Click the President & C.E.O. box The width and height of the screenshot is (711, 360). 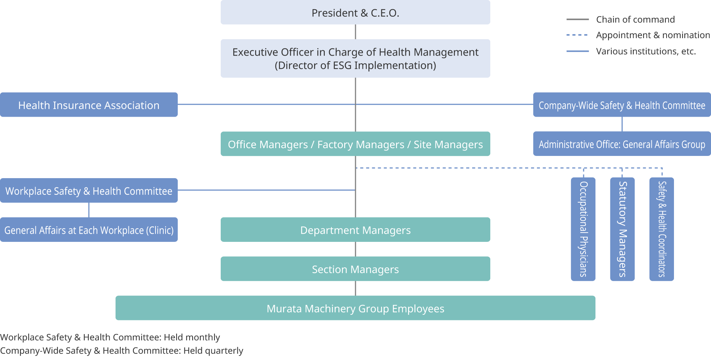(x=355, y=13)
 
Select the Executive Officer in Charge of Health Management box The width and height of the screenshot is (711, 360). (x=355, y=59)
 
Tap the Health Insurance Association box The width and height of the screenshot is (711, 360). (x=89, y=105)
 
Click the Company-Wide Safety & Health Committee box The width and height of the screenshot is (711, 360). (x=622, y=105)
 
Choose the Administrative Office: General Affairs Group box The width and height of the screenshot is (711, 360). (x=622, y=144)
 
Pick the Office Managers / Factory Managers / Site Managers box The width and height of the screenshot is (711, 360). (x=355, y=144)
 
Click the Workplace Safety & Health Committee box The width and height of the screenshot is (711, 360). (x=89, y=190)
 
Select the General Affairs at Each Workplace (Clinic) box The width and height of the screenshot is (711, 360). (x=89, y=230)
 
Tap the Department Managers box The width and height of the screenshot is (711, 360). (x=355, y=230)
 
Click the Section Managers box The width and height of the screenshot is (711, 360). (x=355, y=269)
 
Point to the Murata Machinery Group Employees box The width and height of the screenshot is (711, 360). (x=355, y=308)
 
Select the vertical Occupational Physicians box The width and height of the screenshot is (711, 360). (x=583, y=229)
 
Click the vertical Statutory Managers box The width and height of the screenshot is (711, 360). (x=622, y=229)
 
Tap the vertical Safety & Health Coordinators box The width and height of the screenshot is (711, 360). (x=662, y=229)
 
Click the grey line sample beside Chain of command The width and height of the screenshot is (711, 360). (x=577, y=19)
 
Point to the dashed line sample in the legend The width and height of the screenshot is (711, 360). (x=577, y=35)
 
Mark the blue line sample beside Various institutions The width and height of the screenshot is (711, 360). (x=577, y=51)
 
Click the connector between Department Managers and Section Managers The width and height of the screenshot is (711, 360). (x=355, y=249)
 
